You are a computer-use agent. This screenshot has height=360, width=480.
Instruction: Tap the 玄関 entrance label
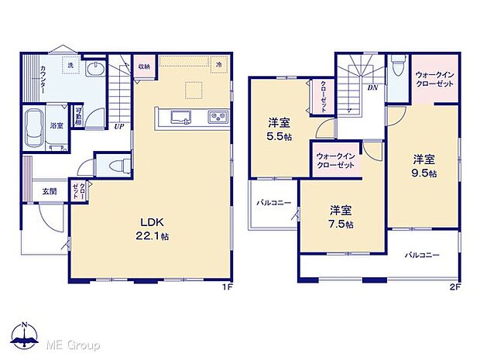(49, 191)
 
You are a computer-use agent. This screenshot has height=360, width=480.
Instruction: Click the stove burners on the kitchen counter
(216, 118)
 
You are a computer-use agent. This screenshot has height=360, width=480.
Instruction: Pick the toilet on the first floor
(117, 165)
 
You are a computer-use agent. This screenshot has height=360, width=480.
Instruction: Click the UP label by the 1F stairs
(119, 127)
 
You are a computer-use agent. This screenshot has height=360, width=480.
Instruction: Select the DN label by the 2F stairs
(372, 87)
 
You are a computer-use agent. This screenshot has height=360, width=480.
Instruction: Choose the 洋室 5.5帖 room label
(279, 128)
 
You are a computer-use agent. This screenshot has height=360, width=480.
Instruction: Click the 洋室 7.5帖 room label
(341, 217)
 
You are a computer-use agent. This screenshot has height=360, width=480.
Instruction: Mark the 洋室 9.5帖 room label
(423, 166)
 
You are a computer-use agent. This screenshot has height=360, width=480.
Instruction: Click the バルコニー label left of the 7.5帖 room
(274, 203)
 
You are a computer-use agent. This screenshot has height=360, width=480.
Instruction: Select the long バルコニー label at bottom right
(421, 255)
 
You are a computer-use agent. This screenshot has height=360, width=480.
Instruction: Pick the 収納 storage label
(145, 66)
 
